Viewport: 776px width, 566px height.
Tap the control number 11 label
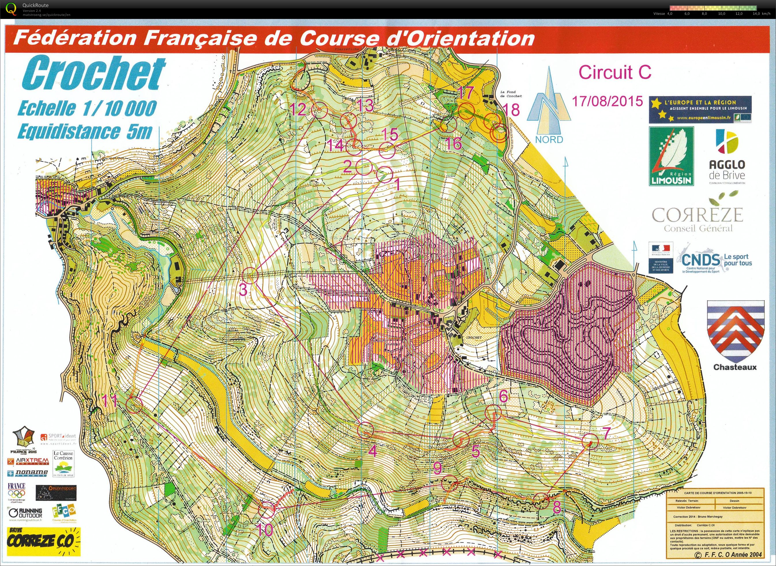(x=110, y=401)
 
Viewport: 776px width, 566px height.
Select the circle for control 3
(x=250, y=275)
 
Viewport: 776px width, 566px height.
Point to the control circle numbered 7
(x=590, y=442)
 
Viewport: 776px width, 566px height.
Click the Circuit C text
(x=615, y=72)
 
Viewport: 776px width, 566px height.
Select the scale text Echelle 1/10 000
(x=87, y=108)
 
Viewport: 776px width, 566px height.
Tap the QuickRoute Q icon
(x=11, y=9)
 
